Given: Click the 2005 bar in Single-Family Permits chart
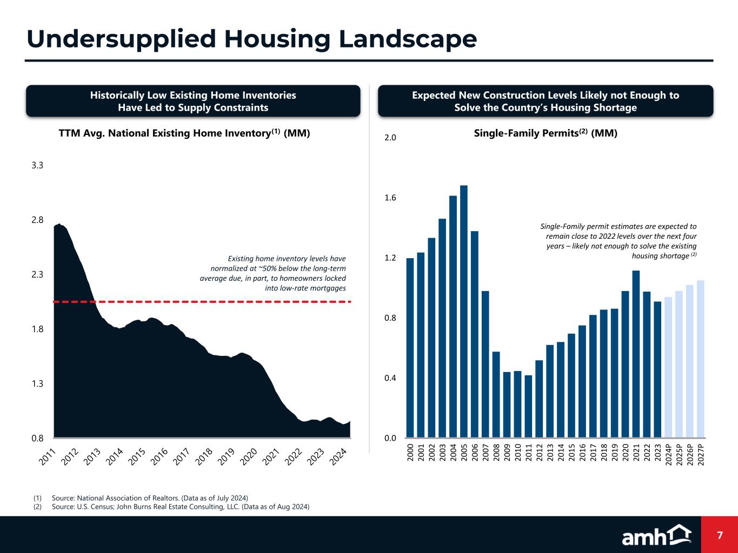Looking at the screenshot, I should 464,311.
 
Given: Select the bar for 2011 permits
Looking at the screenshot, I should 528,406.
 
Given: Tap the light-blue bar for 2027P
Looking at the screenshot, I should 701,359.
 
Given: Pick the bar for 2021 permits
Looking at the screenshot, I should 636,354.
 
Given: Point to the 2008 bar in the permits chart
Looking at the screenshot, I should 496,394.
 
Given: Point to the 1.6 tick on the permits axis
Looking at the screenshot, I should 390,198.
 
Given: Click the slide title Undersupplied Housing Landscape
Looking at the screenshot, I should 251,39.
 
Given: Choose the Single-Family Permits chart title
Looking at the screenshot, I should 545,133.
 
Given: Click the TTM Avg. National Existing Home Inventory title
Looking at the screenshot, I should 184,133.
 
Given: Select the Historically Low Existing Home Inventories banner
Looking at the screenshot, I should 193,101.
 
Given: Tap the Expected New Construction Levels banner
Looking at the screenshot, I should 545,101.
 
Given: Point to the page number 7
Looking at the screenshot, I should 720,535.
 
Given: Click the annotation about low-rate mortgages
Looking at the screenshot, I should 273,273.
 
